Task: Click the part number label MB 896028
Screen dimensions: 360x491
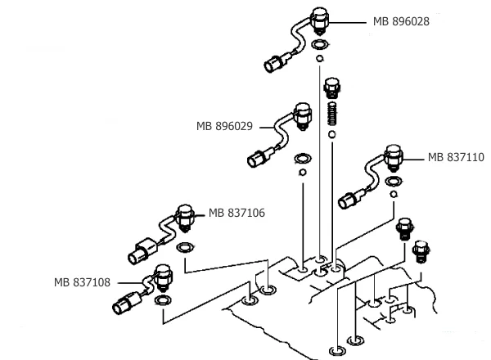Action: tap(401, 22)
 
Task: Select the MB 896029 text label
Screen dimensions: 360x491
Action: tap(223, 126)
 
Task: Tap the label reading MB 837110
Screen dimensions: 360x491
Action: tap(456, 157)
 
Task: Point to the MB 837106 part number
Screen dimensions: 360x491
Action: tap(236, 213)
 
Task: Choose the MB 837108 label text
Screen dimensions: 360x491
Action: tap(83, 283)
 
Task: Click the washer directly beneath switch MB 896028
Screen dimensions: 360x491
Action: tap(321, 43)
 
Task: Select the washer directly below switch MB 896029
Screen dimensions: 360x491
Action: tap(302, 158)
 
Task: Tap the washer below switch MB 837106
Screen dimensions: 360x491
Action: tap(186, 248)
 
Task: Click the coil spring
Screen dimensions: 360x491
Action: tap(332, 112)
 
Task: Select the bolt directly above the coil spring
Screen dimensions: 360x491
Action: tap(332, 88)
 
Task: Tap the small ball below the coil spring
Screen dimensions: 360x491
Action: tap(331, 133)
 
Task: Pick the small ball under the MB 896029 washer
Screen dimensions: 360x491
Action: tap(302, 172)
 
